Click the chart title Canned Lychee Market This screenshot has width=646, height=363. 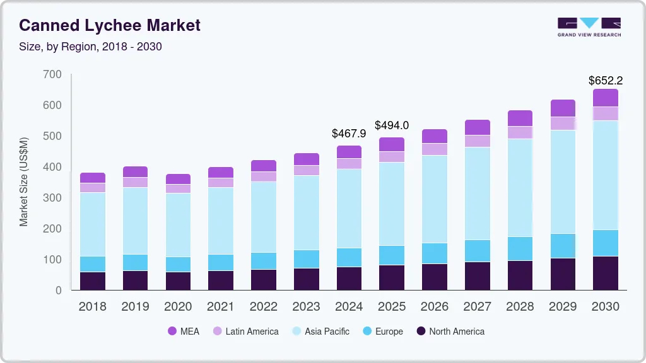coord(110,25)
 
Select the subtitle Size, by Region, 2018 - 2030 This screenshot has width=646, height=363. coord(91,47)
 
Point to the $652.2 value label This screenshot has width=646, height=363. coord(605,80)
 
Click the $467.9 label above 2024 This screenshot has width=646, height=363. coord(349,134)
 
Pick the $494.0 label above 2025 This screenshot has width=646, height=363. coord(392,125)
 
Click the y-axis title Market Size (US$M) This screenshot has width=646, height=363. coord(24,181)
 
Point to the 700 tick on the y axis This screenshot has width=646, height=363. coord(53,74)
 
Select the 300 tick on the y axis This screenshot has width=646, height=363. coord(53,198)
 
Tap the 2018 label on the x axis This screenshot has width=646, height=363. coord(92,307)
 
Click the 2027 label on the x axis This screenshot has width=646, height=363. coord(478,307)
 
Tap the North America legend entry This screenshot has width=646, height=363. coord(449,331)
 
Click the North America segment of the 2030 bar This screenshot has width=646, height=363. coord(605,273)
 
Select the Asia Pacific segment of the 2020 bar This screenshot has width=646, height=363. coord(178,224)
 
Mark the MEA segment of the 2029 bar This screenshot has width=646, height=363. coord(563,108)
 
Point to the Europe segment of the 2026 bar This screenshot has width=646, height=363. coord(435,253)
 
